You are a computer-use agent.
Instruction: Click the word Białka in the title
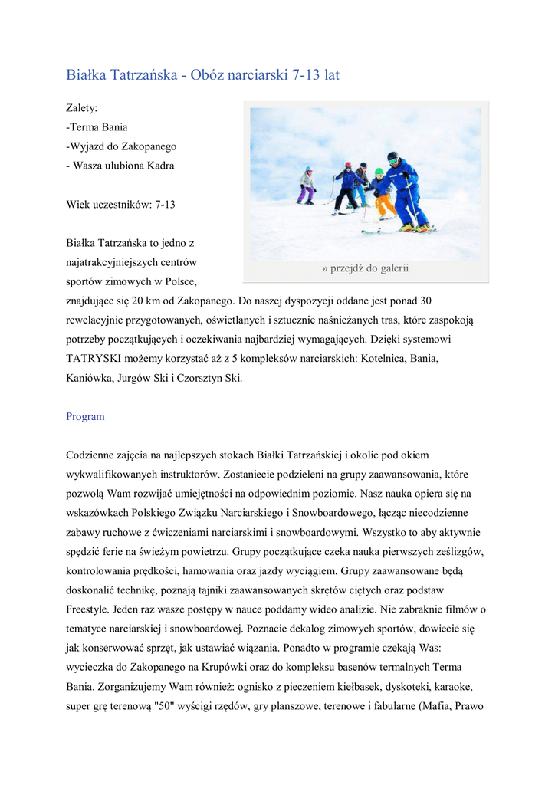[x=87, y=75]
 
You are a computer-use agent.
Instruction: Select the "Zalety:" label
[x=82, y=108]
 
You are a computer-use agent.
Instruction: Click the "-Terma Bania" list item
[x=97, y=127]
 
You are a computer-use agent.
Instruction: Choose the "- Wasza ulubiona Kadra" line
[x=120, y=166]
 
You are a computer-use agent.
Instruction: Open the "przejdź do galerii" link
[x=366, y=268]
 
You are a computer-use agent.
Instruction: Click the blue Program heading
[x=85, y=417]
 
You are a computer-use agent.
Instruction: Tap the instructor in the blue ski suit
[x=404, y=188]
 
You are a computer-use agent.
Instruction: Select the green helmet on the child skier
[x=379, y=172]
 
